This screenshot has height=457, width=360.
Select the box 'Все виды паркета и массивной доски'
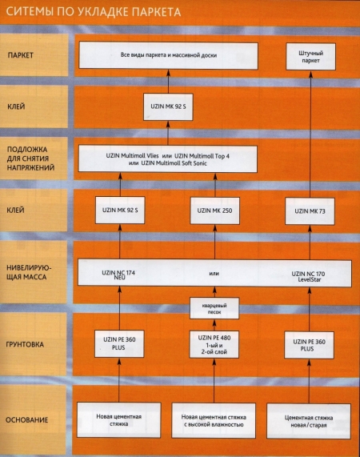click(x=168, y=56)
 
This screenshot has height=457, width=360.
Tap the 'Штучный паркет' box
click(x=310, y=57)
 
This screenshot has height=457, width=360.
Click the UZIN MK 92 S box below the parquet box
click(x=168, y=106)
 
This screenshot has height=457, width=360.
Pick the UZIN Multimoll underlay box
click(x=168, y=159)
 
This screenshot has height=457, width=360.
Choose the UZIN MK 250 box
click(x=215, y=210)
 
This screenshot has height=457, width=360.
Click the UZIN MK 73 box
click(x=310, y=211)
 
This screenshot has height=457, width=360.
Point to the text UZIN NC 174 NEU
click(x=118, y=275)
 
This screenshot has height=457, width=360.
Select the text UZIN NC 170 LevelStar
click(x=308, y=277)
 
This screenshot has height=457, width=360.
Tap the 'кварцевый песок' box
click(x=214, y=308)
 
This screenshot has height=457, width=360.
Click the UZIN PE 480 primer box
click(x=214, y=344)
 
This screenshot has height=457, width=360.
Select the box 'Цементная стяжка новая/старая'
click(x=309, y=421)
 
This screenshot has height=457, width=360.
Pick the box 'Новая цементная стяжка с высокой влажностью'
click(x=214, y=420)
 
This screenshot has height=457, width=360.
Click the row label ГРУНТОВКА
click(x=25, y=344)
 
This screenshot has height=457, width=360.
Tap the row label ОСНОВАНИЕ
click(x=26, y=420)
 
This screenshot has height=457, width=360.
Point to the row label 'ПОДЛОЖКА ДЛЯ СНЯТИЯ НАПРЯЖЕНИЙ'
click(x=30, y=158)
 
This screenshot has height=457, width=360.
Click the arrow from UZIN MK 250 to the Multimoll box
click(x=215, y=185)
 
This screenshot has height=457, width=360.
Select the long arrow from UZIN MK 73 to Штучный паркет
click(x=310, y=134)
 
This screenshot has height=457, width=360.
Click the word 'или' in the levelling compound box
click(x=214, y=274)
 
